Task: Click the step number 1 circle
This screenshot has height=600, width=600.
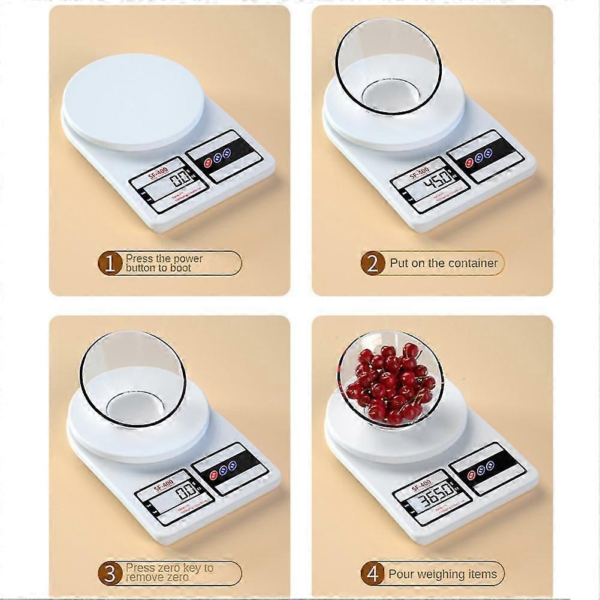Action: pos(110,264)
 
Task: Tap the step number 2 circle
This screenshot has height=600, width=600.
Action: pos(372,264)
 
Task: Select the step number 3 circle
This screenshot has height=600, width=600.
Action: pos(110,574)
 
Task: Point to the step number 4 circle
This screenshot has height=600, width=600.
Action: pos(372,574)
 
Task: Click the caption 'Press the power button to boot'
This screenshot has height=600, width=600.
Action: pos(164,263)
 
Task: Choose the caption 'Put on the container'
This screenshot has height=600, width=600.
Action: pos(444,263)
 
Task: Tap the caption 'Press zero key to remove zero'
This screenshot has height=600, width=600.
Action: pos(169,572)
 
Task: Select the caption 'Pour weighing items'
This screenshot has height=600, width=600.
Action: pos(442,574)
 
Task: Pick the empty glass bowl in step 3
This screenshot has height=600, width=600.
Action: pos(133,378)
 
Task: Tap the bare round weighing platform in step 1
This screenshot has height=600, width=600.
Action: pos(133,102)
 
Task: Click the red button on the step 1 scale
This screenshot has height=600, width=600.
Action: pos(207,162)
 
